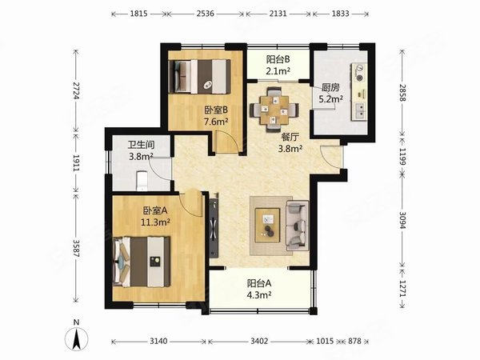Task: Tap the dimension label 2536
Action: pyautogui.click(x=206, y=14)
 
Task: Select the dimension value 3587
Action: pyautogui.click(x=76, y=248)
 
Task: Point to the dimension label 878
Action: pyautogui.click(x=354, y=341)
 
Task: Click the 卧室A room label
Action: pyautogui.click(x=155, y=210)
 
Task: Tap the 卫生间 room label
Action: pyautogui.click(x=141, y=145)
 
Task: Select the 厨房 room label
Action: pyautogui.click(x=330, y=87)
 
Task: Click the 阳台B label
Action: pyautogui.click(x=278, y=59)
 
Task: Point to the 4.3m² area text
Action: pyautogui.click(x=259, y=295)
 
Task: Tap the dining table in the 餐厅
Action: pyautogui.click(x=274, y=110)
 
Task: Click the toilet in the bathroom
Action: pyautogui.click(x=142, y=181)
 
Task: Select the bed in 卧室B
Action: pyautogui.click(x=199, y=77)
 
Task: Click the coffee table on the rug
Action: pyautogui.click(x=267, y=226)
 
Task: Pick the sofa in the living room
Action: pyautogui.click(x=297, y=226)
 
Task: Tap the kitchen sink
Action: pyautogui.click(x=359, y=111)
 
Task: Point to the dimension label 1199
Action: pyautogui.click(x=403, y=157)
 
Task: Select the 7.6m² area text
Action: pyautogui.click(x=216, y=122)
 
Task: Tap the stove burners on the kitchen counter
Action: pyautogui.click(x=359, y=73)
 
